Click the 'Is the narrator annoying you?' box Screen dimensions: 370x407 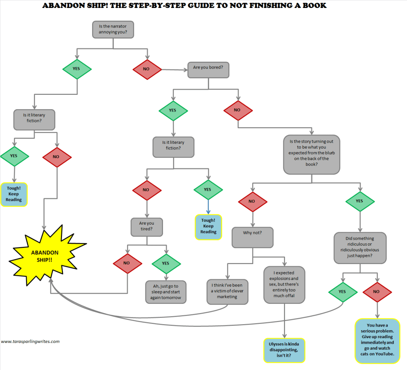tap(112, 29)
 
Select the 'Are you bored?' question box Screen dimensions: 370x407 tap(208, 68)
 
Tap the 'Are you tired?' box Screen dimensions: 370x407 tap(147, 227)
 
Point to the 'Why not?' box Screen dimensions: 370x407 tap(252, 233)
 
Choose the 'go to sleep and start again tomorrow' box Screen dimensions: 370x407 tap(165, 292)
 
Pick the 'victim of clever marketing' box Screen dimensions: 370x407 tap(227, 292)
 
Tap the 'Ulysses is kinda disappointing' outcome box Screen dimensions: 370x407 tap(284, 350)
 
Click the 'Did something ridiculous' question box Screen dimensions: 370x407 tap(360, 247)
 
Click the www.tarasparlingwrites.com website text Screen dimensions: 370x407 tap(30, 341)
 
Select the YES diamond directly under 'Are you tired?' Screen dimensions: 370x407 tap(166, 263)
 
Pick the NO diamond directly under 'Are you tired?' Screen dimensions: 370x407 tap(127, 263)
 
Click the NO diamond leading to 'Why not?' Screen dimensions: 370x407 tap(252, 201)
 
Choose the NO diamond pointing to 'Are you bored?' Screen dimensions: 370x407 tap(146, 69)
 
